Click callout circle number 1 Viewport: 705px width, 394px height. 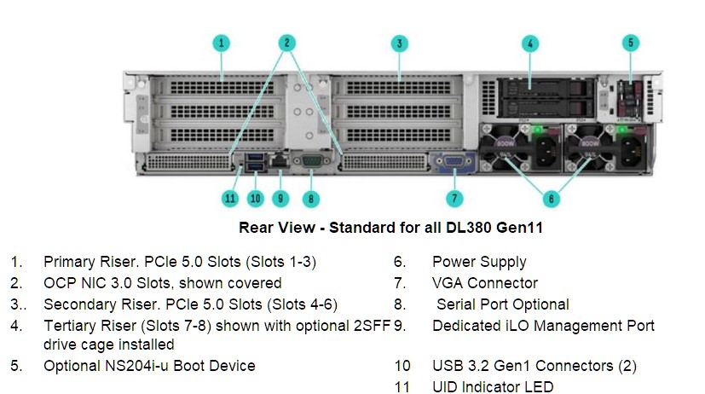(x=221, y=43)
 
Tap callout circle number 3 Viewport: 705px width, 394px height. (x=399, y=43)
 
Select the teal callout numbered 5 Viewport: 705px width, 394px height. (x=630, y=43)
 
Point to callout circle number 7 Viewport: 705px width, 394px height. (x=454, y=199)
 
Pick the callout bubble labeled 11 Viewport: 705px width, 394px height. (x=230, y=199)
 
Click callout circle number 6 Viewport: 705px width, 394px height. (x=552, y=199)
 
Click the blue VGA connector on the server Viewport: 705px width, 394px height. (x=454, y=162)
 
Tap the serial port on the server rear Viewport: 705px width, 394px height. (x=310, y=161)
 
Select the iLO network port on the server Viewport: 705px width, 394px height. (x=280, y=159)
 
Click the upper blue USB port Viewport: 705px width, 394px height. (x=255, y=157)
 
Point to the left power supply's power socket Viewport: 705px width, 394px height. (x=546, y=147)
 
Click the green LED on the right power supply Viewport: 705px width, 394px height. (x=622, y=130)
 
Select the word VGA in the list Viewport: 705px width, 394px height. (x=448, y=283)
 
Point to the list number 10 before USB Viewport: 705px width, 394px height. (x=402, y=366)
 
